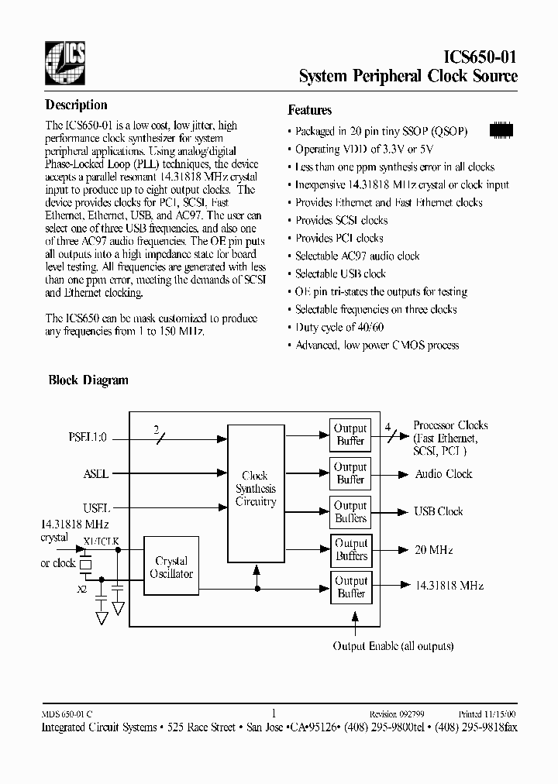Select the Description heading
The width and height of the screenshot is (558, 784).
coord(76,105)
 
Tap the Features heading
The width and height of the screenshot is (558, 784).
coord(310,110)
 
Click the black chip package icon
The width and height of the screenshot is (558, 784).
coord(503,130)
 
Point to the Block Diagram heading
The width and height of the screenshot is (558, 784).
coord(88,380)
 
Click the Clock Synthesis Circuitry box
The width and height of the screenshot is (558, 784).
coord(255,489)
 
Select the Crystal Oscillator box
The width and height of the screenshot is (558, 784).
coord(171,567)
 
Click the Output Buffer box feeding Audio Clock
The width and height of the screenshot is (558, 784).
coord(350,473)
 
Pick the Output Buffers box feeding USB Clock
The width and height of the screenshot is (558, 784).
coord(350,511)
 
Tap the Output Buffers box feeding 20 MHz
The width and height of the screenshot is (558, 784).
coord(350,549)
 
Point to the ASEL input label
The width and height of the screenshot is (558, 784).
coord(96,473)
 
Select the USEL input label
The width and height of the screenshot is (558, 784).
coord(97,508)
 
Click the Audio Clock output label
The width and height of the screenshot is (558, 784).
coord(443,474)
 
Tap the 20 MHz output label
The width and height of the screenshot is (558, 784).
coord(434,550)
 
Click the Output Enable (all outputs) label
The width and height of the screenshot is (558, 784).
coord(393,646)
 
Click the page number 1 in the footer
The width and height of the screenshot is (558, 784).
coord(274,714)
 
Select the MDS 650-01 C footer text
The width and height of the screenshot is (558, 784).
coord(67,715)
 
